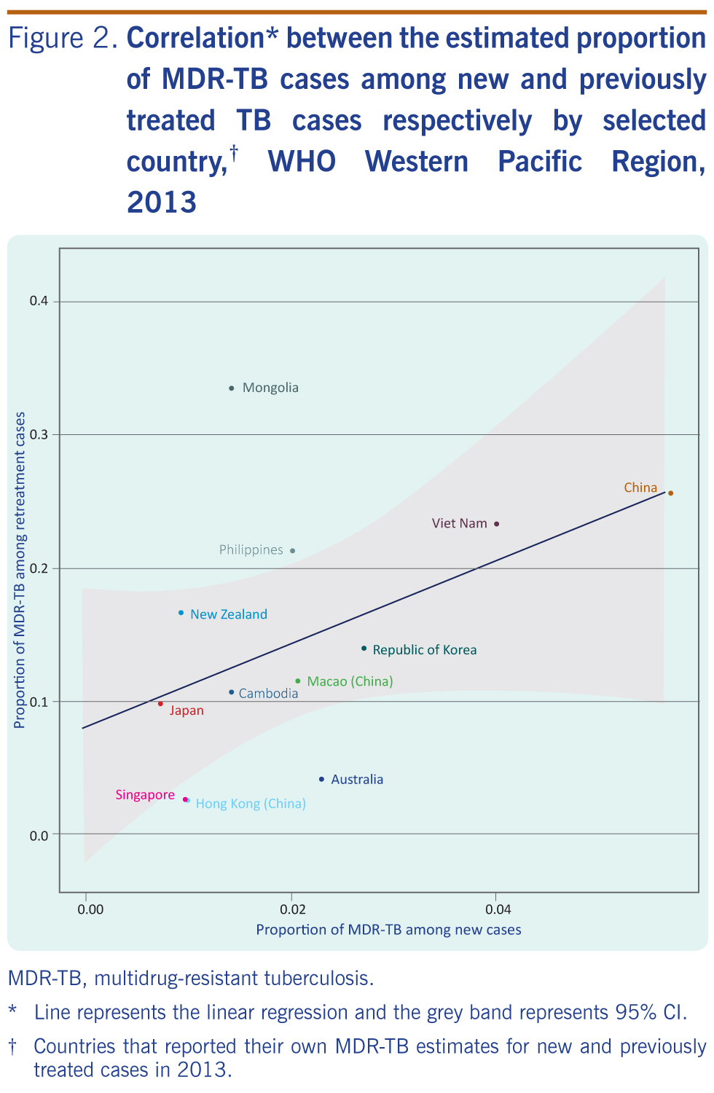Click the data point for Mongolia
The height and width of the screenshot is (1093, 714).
tap(232, 388)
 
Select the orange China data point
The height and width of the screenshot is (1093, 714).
tap(670, 493)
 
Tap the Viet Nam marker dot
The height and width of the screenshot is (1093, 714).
tap(497, 524)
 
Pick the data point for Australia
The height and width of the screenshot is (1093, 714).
tap(321, 780)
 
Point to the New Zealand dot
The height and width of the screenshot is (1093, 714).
tap(181, 613)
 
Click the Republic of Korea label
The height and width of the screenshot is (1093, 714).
tap(424, 650)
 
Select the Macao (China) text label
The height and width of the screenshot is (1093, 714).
tap(350, 681)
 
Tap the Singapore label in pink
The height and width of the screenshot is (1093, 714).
tap(145, 795)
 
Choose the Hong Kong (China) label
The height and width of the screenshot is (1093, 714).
tap(251, 804)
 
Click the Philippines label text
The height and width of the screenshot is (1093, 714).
tap(251, 550)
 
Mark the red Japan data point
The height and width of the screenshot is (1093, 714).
tap(160, 704)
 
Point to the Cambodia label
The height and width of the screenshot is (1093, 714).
tap(268, 694)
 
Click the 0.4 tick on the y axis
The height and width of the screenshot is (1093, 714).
tap(39, 302)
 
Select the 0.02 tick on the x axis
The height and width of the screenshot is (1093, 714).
tap(292, 909)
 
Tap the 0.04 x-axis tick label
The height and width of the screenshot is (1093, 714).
tap(498, 909)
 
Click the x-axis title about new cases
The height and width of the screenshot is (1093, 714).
tap(388, 930)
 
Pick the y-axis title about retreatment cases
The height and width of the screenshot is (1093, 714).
tap(20, 570)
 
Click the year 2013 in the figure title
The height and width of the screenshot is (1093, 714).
tap(162, 202)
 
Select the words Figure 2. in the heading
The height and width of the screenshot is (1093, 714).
tap(63, 38)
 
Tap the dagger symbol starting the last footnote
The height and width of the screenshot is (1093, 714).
tap(12, 1047)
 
